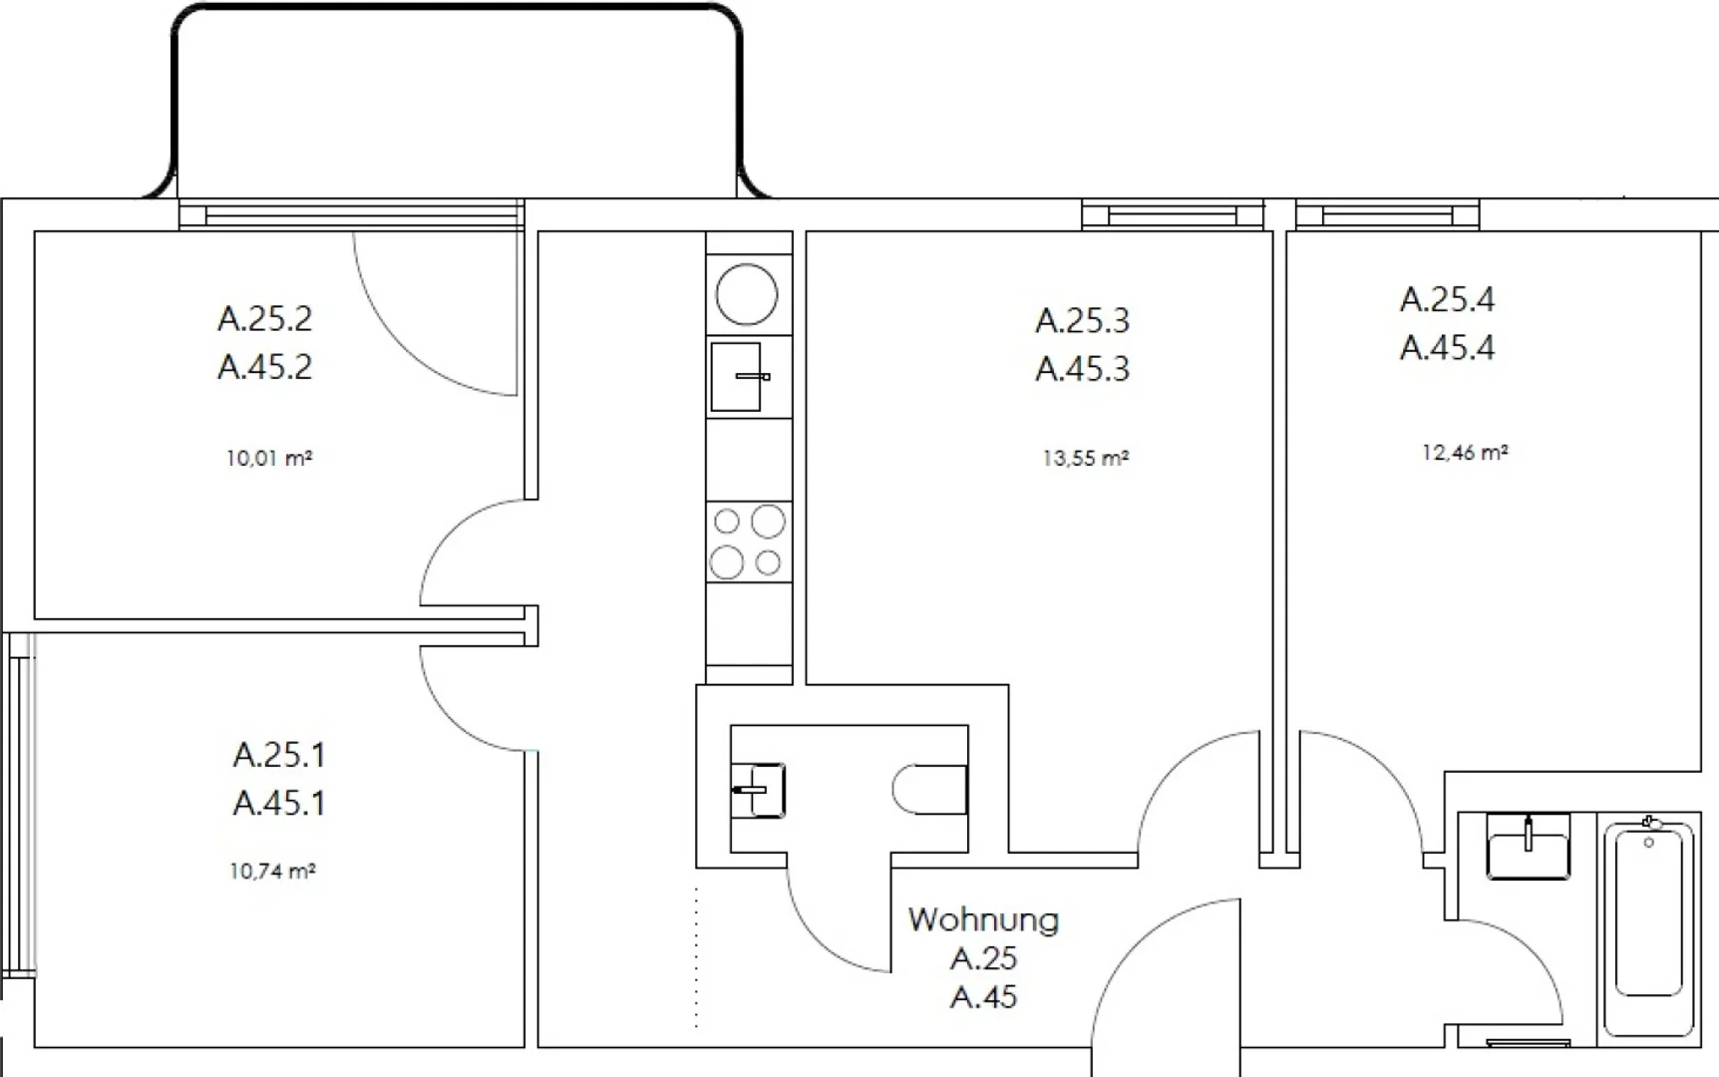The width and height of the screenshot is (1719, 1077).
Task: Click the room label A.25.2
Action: (x=265, y=319)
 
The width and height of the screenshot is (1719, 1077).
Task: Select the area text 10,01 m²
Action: (x=269, y=459)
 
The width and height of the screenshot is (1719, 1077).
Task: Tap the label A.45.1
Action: (x=279, y=803)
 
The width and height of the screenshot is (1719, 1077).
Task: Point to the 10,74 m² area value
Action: (x=272, y=871)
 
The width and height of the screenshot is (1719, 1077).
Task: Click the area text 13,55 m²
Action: (x=1086, y=459)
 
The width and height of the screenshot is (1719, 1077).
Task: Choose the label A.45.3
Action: (x=1083, y=369)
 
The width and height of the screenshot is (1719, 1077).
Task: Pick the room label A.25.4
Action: (x=1448, y=299)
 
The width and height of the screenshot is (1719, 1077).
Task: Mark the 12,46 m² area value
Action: (x=1465, y=453)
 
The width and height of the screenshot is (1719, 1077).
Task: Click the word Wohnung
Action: (x=983, y=919)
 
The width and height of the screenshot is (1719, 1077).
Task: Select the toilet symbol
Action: (x=930, y=790)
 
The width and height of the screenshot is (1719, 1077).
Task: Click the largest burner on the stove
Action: (x=768, y=522)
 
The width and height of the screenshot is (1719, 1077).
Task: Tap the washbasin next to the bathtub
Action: (x=1529, y=847)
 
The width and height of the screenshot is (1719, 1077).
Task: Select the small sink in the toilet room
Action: (x=758, y=791)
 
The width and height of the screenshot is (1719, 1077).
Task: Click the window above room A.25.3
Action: (x=1173, y=214)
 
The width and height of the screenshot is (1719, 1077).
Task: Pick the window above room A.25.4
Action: (x=1387, y=214)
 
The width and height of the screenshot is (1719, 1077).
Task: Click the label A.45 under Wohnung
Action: (x=984, y=997)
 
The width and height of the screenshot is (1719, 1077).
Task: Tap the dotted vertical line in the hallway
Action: (x=696, y=955)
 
